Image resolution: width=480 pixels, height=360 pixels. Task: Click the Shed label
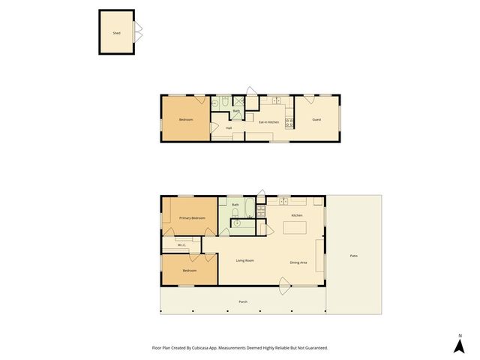116,34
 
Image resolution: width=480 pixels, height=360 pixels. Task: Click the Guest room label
317,120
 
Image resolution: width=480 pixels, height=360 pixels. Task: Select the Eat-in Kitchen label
269,121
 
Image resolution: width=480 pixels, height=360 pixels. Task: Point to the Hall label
229,128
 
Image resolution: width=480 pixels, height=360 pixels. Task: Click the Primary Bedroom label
192,217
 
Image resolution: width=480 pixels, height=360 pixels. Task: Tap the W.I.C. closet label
181,245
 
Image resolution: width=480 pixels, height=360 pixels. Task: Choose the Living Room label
245,261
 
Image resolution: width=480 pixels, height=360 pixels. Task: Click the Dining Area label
299,262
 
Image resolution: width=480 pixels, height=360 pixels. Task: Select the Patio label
354,256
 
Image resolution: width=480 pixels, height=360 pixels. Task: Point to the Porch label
243,301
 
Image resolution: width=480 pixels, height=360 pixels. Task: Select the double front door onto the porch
284,283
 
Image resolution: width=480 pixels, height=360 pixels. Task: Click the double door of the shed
138,31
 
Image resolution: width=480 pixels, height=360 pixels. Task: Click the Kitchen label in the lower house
297,215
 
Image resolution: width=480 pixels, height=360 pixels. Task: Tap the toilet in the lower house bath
236,221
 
